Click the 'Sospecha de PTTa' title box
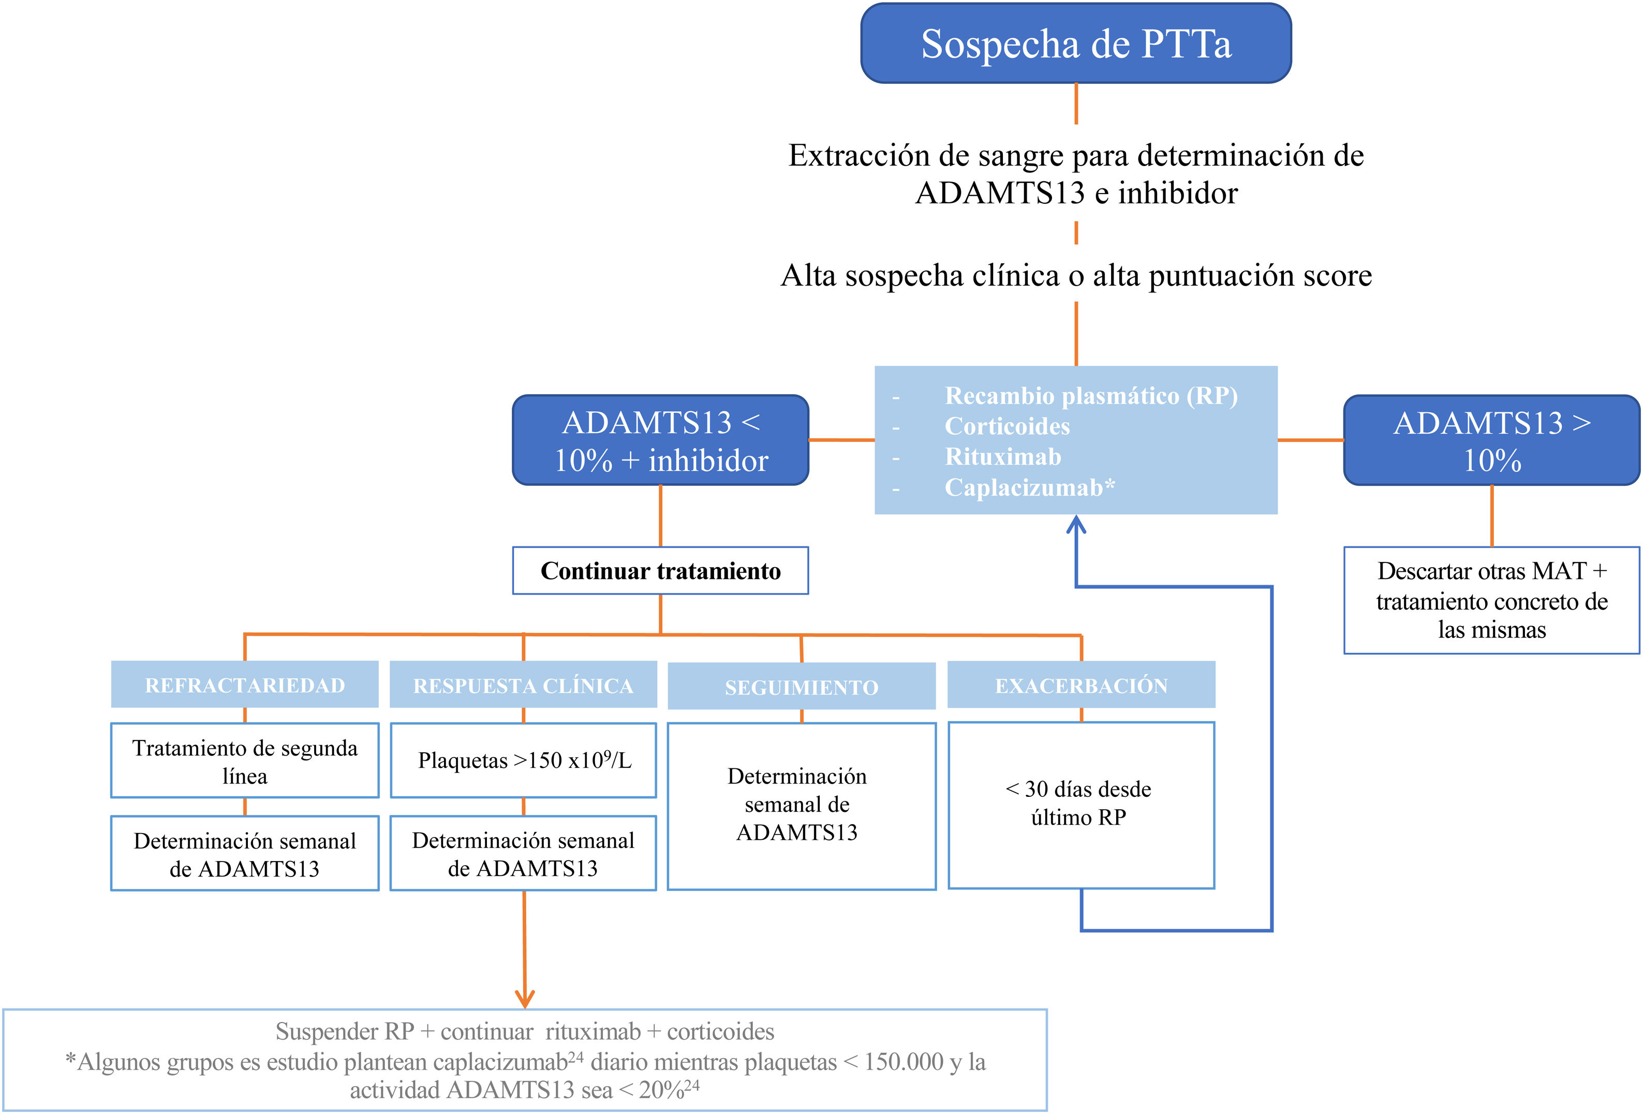point(1076,43)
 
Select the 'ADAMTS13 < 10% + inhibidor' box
point(660,440)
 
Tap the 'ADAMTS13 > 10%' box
point(1492,440)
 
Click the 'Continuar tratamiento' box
point(660,570)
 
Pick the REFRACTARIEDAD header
point(245,684)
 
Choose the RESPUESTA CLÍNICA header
point(523,684)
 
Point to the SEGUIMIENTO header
point(802,686)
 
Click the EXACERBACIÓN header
point(1082,684)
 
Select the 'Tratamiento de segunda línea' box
point(245,761)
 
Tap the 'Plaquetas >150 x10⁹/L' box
point(523,761)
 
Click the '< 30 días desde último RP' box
point(1082,805)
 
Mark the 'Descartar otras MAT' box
point(1492,600)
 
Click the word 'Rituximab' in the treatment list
point(1003,457)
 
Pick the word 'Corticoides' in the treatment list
point(1008,426)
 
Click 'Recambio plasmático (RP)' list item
point(1091,396)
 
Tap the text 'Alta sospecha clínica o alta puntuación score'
point(1076,275)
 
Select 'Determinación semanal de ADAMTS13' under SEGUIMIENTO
point(797,805)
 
